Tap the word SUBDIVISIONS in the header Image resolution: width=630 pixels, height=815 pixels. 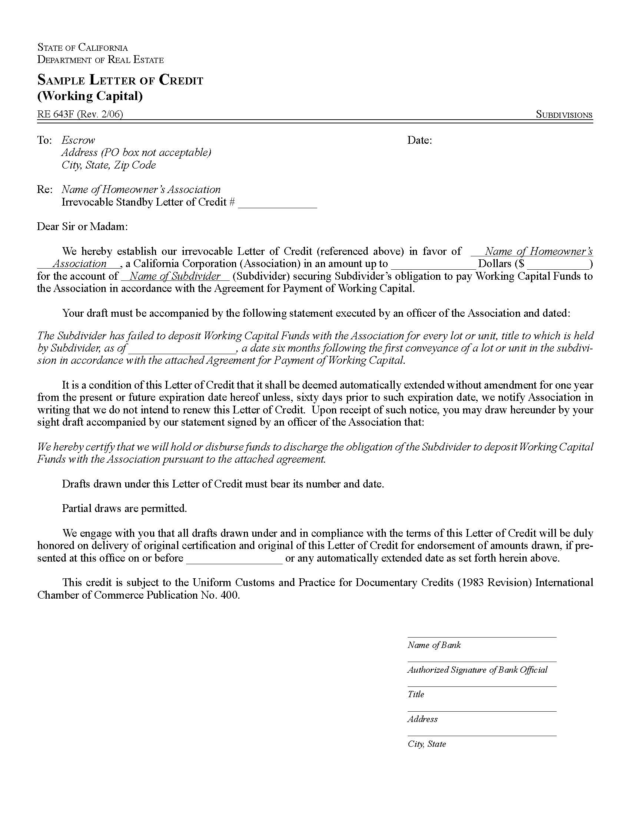(x=564, y=114)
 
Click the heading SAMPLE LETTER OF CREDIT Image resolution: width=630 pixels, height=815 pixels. (x=120, y=80)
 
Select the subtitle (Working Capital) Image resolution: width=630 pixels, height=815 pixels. (x=90, y=96)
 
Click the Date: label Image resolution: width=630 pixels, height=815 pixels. (x=420, y=140)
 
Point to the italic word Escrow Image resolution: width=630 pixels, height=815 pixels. (x=78, y=140)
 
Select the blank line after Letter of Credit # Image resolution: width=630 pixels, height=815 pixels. (x=277, y=203)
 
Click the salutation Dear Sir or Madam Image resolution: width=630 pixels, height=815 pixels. (x=82, y=226)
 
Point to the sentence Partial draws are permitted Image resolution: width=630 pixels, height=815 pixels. (x=124, y=508)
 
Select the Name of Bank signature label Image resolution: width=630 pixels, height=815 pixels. (x=434, y=645)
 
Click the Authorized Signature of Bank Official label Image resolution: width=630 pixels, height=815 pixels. (x=477, y=670)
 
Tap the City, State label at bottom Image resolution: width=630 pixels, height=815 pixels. (x=427, y=744)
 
